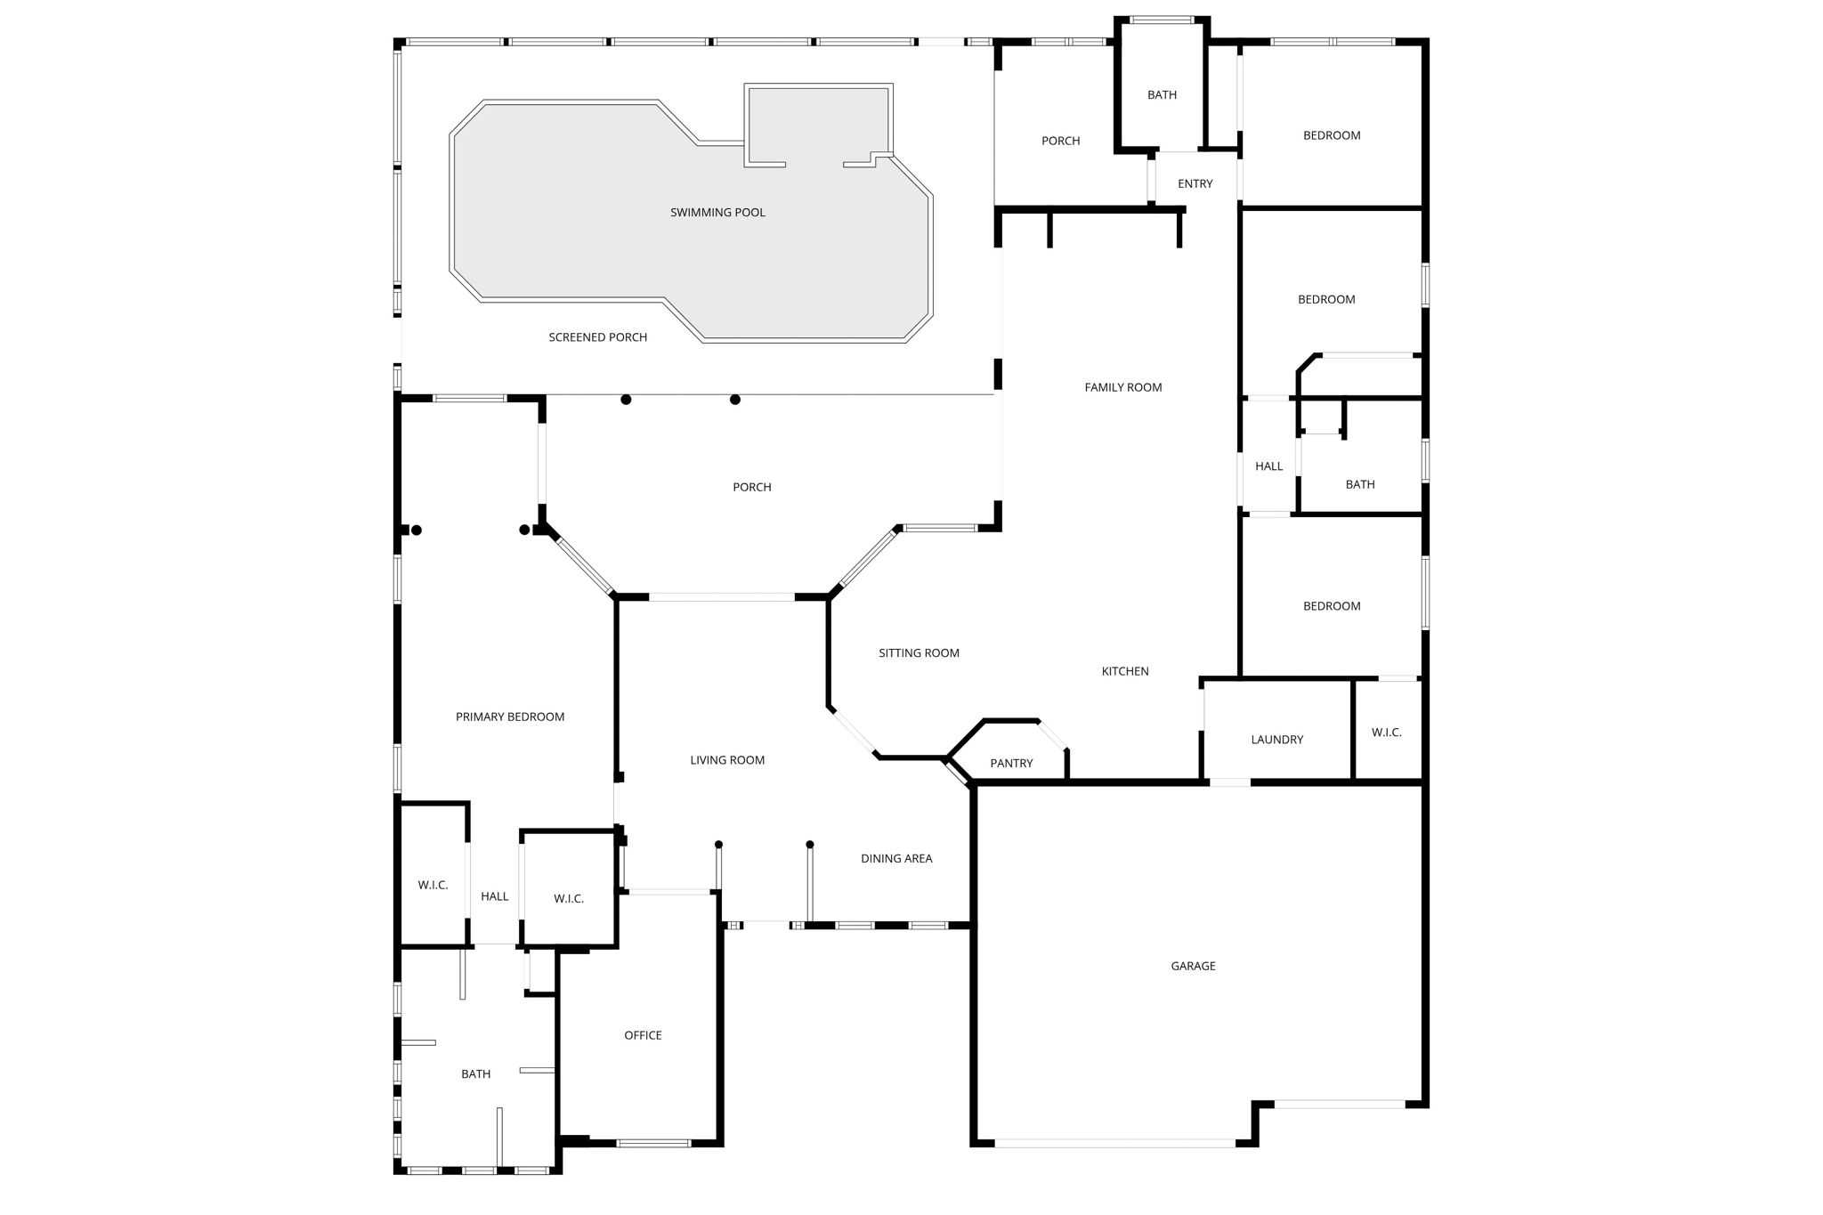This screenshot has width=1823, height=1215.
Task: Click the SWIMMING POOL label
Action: pyautogui.click(x=717, y=213)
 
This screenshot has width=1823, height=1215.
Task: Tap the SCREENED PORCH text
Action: pyautogui.click(x=597, y=337)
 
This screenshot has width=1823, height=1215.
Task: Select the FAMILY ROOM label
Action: pyautogui.click(x=1122, y=387)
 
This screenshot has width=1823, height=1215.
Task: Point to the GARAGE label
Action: pyautogui.click(x=1193, y=966)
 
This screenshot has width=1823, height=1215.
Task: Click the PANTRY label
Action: pyautogui.click(x=1011, y=763)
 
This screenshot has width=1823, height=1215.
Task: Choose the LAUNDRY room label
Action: pyautogui.click(x=1276, y=740)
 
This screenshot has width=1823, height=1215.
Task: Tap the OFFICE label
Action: pyautogui.click(x=643, y=1035)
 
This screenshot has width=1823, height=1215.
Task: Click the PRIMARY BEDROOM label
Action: pyautogui.click(x=509, y=717)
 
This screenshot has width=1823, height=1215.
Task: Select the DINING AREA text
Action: pyautogui.click(x=896, y=859)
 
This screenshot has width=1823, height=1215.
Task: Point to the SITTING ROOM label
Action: pyautogui.click(x=919, y=653)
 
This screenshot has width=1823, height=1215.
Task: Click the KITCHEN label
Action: pyautogui.click(x=1125, y=671)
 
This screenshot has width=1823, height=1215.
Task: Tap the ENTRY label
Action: pyautogui.click(x=1195, y=184)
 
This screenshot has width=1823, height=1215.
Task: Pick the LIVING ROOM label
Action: pyautogui.click(x=727, y=760)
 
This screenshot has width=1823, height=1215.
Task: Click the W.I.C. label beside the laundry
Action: pyautogui.click(x=1386, y=733)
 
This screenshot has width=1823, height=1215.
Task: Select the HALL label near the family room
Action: pyautogui.click(x=1268, y=466)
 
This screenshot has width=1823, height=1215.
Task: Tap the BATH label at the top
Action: pyautogui.click(x=1162, y=95)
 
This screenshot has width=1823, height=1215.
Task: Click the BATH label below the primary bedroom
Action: pyautogui.click(x=475, y=1074)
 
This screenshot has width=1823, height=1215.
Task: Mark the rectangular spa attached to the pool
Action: pyautogui.click(x=817, y=125)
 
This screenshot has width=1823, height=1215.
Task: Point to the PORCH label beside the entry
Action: pyautogui.click(x=1060, y=141)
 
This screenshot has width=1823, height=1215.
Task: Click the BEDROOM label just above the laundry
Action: pyautogui.click(x=1332, y=606)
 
